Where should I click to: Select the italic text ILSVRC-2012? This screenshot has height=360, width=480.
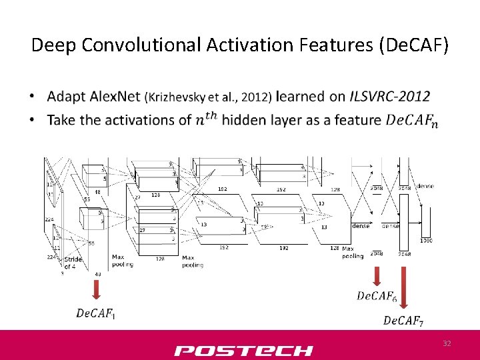click(389, 97)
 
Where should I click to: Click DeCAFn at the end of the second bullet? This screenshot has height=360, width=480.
click(412, 121)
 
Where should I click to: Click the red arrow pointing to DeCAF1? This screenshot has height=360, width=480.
click(96, 289)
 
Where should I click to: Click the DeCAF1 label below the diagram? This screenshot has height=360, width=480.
click(96, 313)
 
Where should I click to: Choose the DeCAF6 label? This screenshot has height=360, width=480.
click(377, 296)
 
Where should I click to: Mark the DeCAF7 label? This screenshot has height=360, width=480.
click(403, 321)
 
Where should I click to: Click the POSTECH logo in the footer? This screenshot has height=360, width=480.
click(243, 351)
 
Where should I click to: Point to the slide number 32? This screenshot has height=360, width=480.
click(447, 343)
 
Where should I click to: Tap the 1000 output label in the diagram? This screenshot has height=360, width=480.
click(426, 241)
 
